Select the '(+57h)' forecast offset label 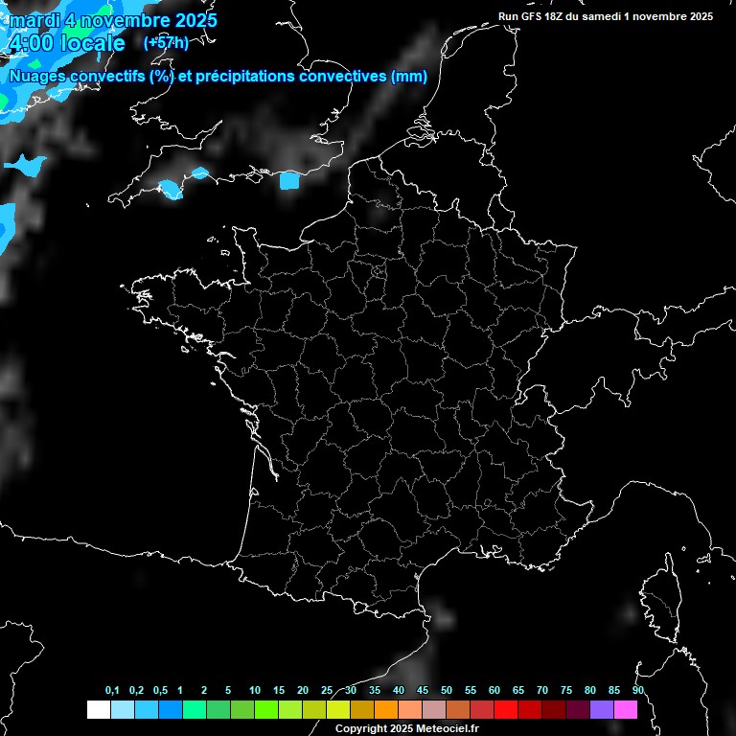tap(166, 42)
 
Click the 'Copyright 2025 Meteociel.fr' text tap(406, 728)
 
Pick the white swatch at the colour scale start tap(98, 709)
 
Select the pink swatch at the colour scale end tap(626, 709)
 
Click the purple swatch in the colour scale tap(602, 709)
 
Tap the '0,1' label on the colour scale tap(112, 691)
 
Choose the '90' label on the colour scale tap(638, 691)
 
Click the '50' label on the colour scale tap(447, 691)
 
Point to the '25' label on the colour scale tap(327, 691)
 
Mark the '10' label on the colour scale tap(255, 691)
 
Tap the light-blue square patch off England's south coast tap(289, 180)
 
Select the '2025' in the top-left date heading tap(193, 20)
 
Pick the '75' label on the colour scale tap(566, 691)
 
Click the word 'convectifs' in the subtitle tap(102, 77)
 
